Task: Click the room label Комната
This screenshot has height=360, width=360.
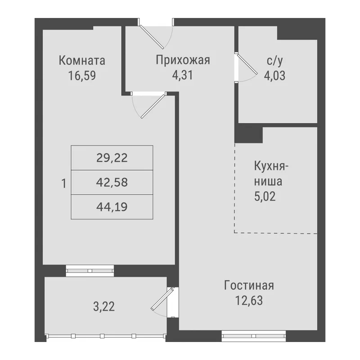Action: coord(82,61)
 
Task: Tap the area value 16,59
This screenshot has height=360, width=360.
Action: coord(82,76)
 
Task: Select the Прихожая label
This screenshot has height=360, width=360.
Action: coord(183,60)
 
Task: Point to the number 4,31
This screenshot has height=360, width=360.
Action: coord(183,75)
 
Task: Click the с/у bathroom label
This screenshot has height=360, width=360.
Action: coord(274,61)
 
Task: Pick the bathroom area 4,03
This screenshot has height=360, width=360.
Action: coord(274,76)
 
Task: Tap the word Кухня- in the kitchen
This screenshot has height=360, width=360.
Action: coord(271,166)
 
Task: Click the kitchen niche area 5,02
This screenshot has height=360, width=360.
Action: coord(265,196)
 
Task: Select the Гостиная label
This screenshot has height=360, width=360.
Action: coord(249,286)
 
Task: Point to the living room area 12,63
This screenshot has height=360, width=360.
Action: coord(249,301)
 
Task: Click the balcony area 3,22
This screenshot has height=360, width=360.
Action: coord(104,306)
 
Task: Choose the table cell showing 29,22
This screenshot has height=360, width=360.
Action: coord(112,158)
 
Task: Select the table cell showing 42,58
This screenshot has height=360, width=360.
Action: coord(112,182)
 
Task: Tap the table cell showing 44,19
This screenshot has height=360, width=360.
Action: coord(112,207)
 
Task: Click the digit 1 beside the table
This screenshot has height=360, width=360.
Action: coord(64,184)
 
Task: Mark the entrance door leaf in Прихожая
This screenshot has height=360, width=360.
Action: coord(152,37)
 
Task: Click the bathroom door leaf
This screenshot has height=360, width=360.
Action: coord(247,64)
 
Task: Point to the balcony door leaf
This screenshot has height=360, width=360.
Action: coord(162,299)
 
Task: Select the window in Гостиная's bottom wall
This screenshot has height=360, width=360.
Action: coord(254,336)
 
